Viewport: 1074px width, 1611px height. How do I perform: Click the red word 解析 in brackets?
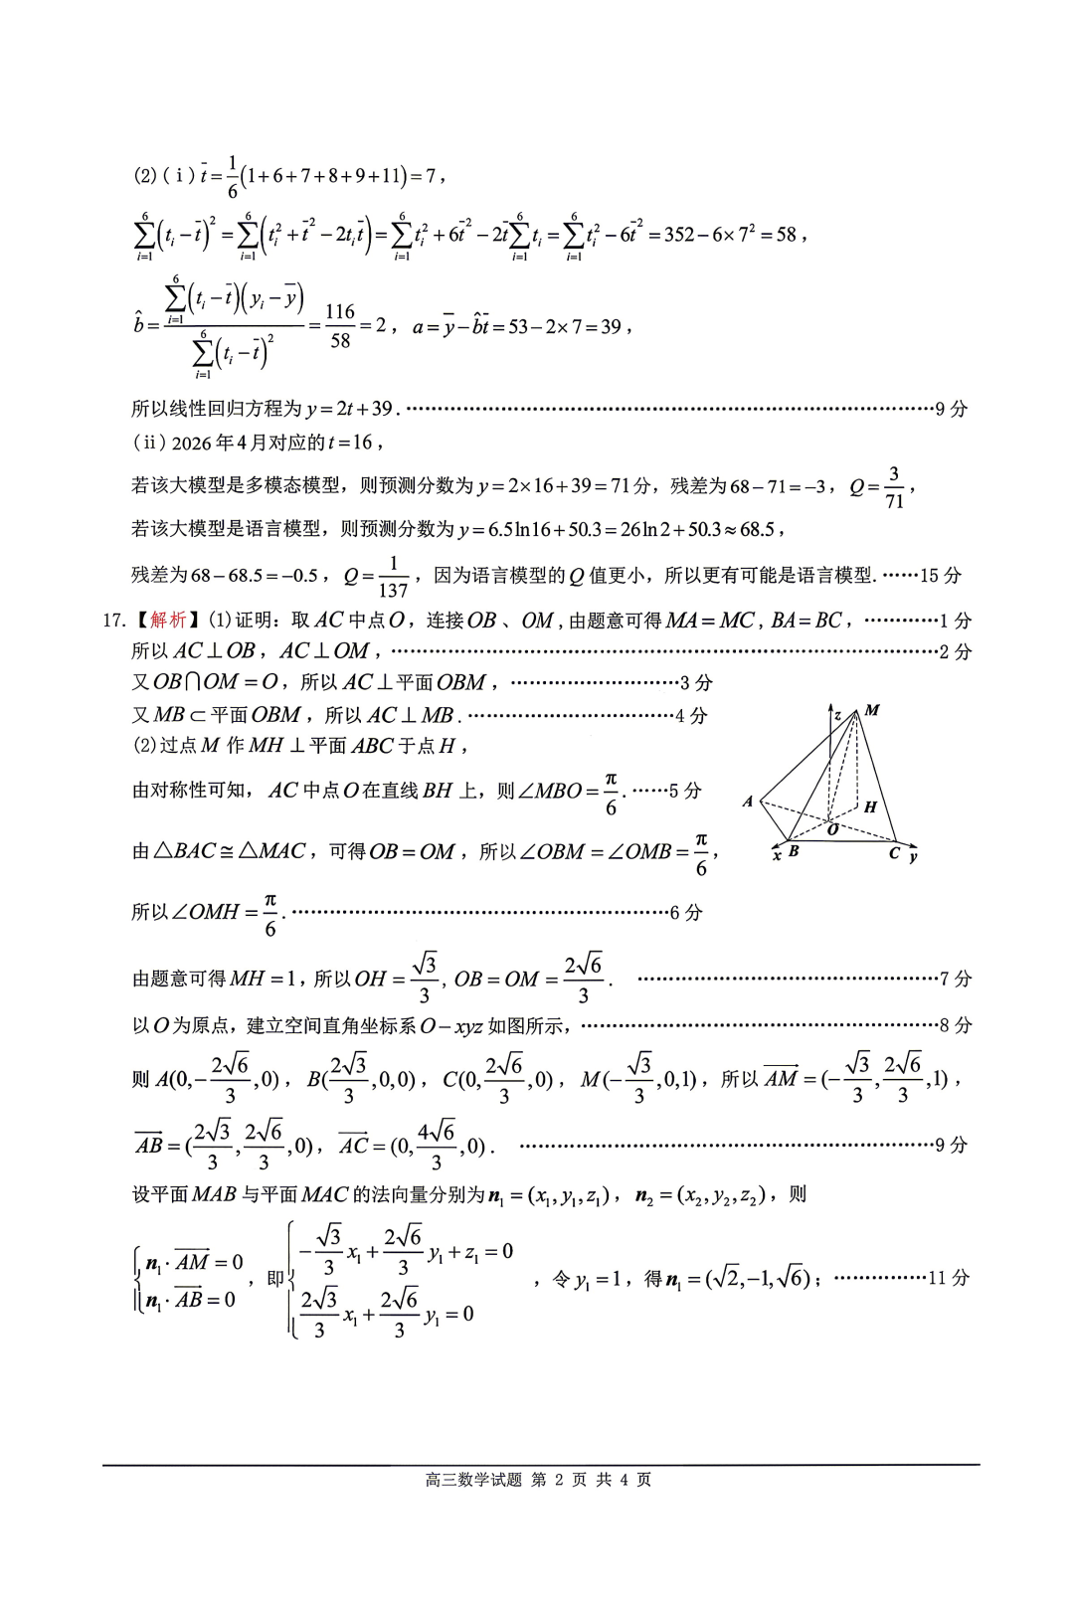[168, 621]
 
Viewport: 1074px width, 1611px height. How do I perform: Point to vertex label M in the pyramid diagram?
[872, 710]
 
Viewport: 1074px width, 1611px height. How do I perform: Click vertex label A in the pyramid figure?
[748, 802]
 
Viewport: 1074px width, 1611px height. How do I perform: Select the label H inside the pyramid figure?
[870, 806]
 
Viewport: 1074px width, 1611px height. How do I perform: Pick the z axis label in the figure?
[838, 715]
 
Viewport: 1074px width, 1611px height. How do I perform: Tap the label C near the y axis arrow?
[894, 853]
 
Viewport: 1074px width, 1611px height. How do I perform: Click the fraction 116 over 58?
[340, 326]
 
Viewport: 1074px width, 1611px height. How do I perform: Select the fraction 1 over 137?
[395, 576]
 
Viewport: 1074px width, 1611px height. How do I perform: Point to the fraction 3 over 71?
[894, 487]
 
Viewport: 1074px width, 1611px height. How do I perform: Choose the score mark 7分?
[956, 979]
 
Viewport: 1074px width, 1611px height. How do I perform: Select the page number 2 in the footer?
[559, 1479]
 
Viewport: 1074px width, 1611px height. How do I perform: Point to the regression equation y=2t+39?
[350, 409]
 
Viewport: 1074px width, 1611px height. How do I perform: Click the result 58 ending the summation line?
[786, 235]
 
